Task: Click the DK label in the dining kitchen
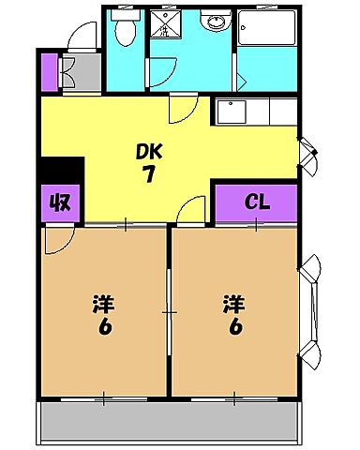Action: point(149,151)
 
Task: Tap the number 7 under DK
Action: point(149,173)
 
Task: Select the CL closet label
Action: point(256,201)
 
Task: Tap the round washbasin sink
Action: point(214,23)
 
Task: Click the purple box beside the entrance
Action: point(50,71)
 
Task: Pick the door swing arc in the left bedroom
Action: point(56,242)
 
